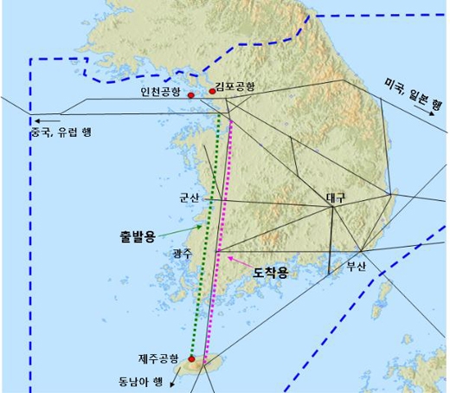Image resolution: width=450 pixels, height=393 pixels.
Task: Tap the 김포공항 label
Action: [235, 87]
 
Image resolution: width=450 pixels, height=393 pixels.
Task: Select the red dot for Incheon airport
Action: [190, 95]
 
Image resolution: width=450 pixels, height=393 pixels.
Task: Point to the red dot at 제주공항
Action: [191, 357]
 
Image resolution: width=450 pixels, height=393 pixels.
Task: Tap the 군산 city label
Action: [189, 196]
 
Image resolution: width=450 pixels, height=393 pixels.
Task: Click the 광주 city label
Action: [183, 253]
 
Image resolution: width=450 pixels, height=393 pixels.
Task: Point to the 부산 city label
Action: [357, 266]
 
